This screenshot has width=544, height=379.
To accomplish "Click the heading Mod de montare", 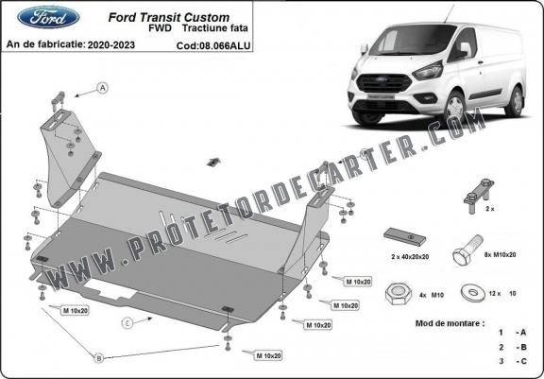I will [x=450, y=323].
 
